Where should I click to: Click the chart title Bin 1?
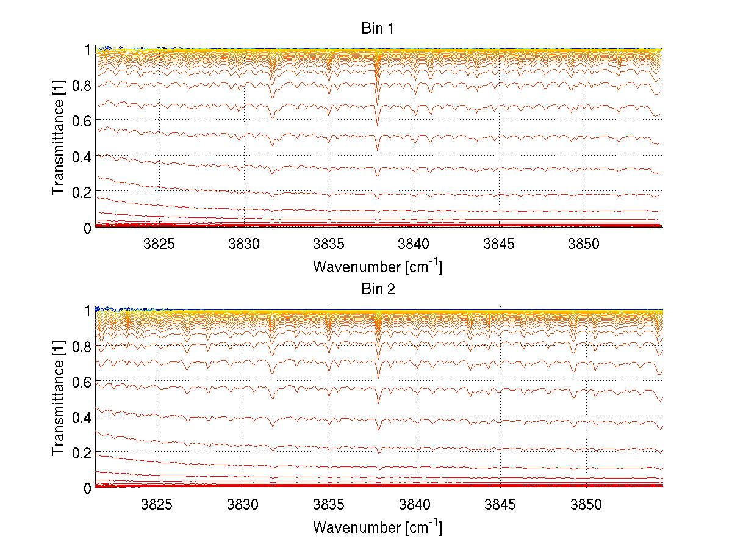[378, 28]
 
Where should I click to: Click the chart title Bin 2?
[378, 289]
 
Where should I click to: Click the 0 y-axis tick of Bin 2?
[87, 488]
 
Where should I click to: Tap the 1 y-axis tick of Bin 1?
[87, 49]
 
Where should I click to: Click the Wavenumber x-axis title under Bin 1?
[378, 266]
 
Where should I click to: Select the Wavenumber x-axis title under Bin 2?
[378, 526]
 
